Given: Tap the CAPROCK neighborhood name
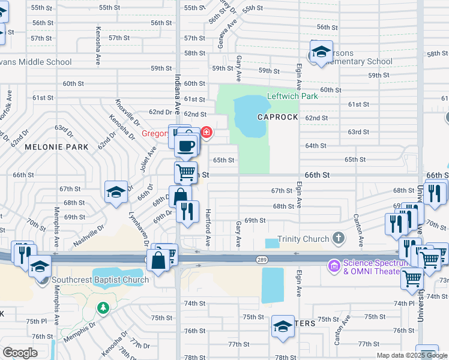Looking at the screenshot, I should (x=278, y=117).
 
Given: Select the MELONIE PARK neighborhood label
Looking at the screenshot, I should (x=56, y=146).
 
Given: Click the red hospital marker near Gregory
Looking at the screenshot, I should (x=206, y=132).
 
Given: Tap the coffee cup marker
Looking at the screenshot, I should (x=187, y=145).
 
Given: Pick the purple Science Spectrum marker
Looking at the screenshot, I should (x=333, y=265).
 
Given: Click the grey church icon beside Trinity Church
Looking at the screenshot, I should (x=339, y=239).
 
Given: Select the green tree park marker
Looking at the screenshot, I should (x=104, y=308).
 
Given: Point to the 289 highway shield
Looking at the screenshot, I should (x=256, y=259).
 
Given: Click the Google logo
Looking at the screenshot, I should (x=20, y=352).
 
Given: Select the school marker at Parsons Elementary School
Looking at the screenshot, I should (x=321, y=52).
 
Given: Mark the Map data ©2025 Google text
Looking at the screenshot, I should (x=412, y=355).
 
